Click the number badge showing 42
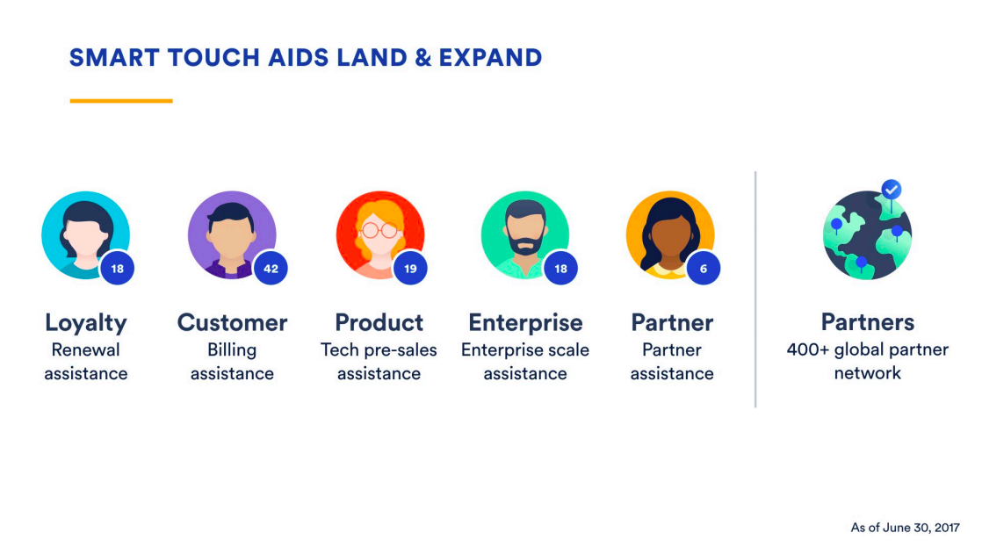(x=271, y=269)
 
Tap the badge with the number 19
(x=410, y=269)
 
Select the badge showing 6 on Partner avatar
(x=704, y=269)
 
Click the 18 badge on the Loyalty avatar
(x=117, y=269)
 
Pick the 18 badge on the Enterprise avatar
(x=560, y=269)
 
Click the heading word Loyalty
(x=86, y=323)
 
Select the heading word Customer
(x=233, y=322)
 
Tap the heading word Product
(x=379, y=322)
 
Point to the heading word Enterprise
(x=525, y=323)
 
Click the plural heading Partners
(x=868, y=321)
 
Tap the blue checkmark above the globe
(x=892, y=189)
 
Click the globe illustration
(x=868, y=235)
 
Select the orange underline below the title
(x=121, y=100)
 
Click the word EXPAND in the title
(x=490, y=58)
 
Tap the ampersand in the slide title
(x=423, y=58)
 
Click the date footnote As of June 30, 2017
(x=905, y=528)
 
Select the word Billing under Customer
(x=232, y=349)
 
